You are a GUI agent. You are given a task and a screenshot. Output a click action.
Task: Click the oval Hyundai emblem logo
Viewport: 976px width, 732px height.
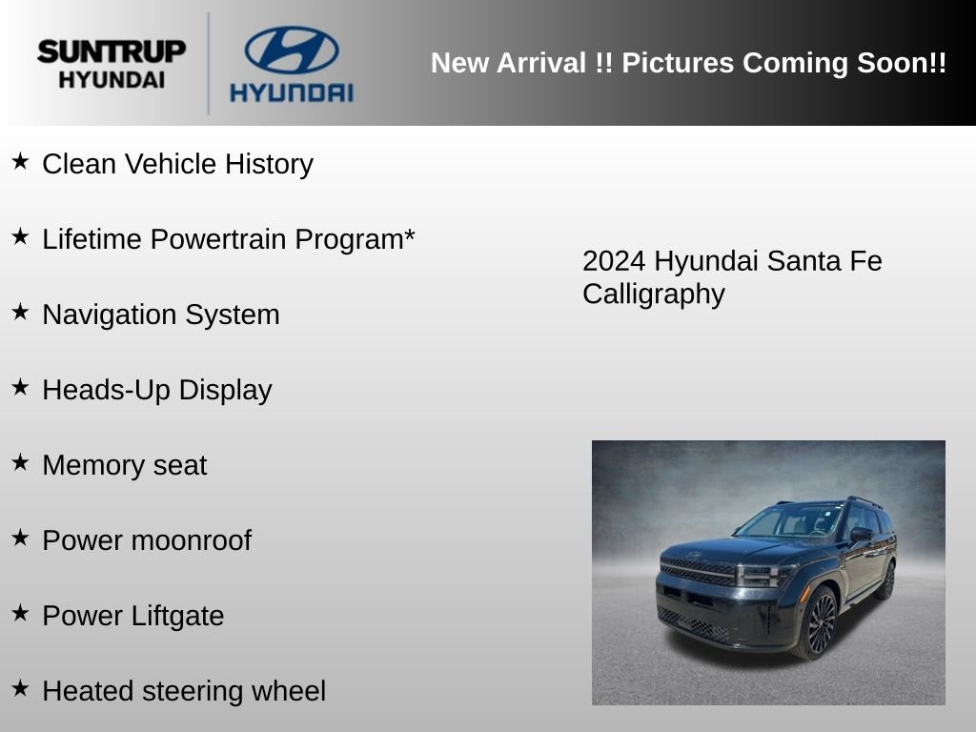(x=292, y=50)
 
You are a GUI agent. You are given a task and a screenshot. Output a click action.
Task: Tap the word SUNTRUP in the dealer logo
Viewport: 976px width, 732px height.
(x=112, y=51)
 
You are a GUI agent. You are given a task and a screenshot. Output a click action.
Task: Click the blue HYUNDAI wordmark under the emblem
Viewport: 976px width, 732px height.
(x=292, y=92)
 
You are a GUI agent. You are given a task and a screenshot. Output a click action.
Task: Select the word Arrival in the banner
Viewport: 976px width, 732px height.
(x=541, y=63)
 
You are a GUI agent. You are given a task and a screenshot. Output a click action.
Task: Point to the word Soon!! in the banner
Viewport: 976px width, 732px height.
(x=902, y=63)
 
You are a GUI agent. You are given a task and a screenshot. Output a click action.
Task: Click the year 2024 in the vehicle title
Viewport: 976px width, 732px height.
(x=614, y=261)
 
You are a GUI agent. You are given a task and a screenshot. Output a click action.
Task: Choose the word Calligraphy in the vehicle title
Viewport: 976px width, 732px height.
(x=654, y=295)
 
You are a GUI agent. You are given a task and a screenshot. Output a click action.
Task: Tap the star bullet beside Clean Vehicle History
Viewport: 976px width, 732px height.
(x=20, y=161)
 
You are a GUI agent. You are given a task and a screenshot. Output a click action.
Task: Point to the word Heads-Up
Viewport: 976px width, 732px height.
(x=107, y=390)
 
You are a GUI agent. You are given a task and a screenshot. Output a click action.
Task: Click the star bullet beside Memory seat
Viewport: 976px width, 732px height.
(x=20, y=462)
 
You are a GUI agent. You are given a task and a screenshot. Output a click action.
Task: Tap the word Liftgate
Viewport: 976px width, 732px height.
(x=178, y=617)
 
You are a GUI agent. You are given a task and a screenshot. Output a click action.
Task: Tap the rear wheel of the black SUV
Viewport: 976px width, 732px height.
(x=886, y=580)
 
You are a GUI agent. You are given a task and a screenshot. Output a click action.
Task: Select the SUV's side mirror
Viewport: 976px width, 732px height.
(x=861, y=534)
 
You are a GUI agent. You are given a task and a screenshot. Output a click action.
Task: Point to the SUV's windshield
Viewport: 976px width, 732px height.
(x=790, y=521)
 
